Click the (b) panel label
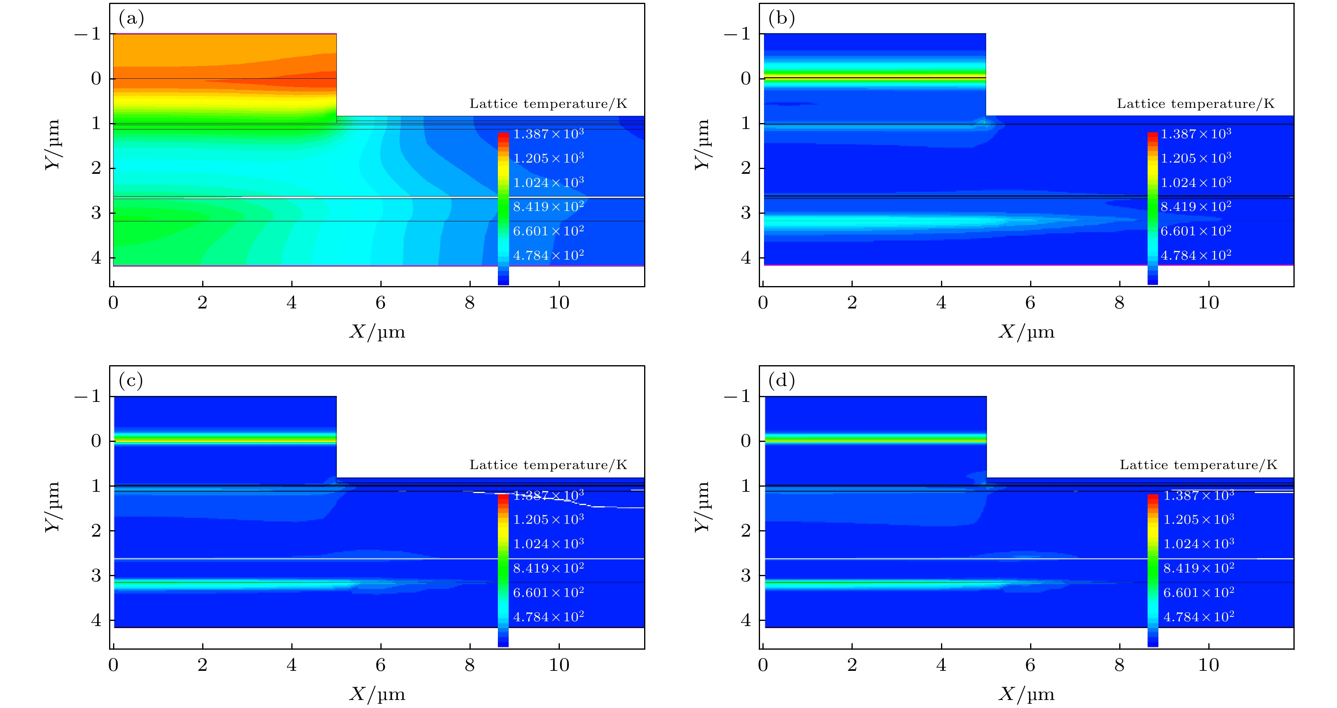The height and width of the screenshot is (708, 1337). (x=781, y=19)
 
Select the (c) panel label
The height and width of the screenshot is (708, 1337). (x=131, y=381)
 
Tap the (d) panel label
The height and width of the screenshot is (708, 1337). (x=781, y=381)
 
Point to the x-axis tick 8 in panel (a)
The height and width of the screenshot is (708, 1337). (x=470, y=302)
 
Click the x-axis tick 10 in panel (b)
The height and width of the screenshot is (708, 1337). (x=1208, y=302)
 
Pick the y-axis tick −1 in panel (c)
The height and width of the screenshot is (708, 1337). (x=88, y=397)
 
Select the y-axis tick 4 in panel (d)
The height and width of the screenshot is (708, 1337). (x=746, y=620)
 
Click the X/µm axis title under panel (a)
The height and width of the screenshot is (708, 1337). (x=377, y=332)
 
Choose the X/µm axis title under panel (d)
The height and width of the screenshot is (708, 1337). (x=1027, y=694)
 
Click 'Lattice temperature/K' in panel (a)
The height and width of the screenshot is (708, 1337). (x=548, y=104)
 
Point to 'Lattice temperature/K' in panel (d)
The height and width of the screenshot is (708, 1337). (x=1198, y=465)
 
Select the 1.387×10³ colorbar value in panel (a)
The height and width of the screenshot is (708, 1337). (x=548, y=134)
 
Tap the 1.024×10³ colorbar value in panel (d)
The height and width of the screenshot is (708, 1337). (x=1198, y=544)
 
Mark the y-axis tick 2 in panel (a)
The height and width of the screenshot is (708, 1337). (x=96, y=168)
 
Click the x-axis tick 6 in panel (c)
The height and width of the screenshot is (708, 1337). (x=380, y=665)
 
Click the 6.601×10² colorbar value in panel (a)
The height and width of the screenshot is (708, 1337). (x=548, y=231)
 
